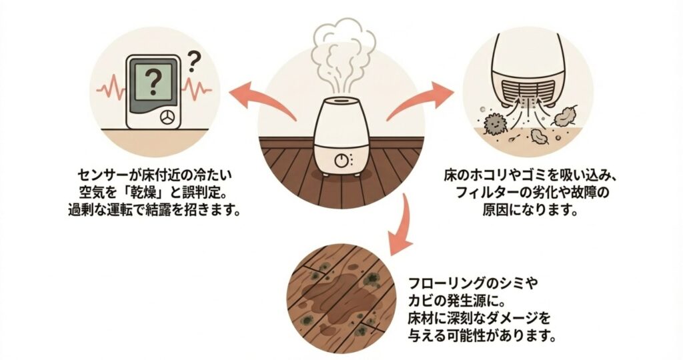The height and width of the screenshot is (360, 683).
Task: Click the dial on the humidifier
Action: click(x=342, y=161)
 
